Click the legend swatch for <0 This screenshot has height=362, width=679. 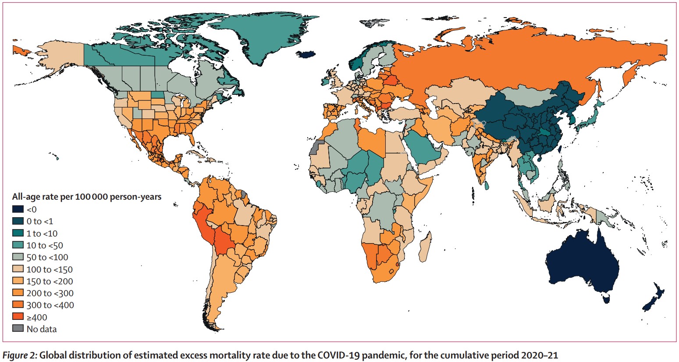[x=18, y=209]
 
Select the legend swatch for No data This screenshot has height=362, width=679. [x=18, y=329]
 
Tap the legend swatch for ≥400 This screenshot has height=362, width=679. [x=18, y=317]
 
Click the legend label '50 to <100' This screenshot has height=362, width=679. [x=47, y=257]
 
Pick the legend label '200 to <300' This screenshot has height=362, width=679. [x=50, y=293]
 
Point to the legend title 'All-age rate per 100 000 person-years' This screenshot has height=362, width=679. [x=86, y=197]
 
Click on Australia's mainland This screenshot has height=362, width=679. [x=581, y=263]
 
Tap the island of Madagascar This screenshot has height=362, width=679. [x=425, y=248]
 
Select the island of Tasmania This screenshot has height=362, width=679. [x=607, y=299]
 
